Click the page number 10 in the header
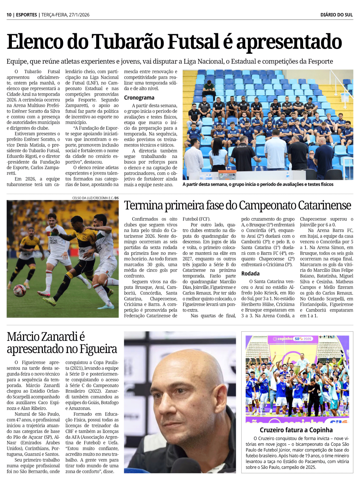click(9, 15)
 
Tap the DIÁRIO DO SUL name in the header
click(336, 15)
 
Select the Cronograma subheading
click(139, 98)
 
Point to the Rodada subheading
click(250, 273)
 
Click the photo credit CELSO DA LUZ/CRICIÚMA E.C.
click(93, 198)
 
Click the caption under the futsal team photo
click(258, 184)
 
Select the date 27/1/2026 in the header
click(79, 15)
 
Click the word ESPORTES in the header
click(26, 15)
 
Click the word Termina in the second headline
click(143, 205)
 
